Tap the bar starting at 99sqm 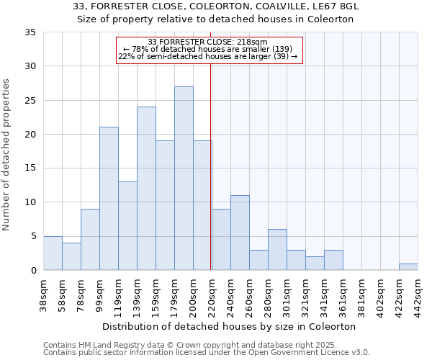point(109,199)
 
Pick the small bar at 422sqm point(408,267)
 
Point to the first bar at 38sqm point(53,253)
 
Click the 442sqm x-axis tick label point(418,295)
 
